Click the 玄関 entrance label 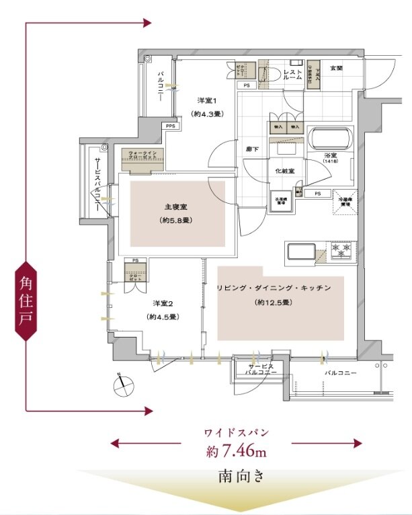335,69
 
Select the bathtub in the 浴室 329,140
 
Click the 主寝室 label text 173,207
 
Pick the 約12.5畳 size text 273,303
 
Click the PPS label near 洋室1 170,125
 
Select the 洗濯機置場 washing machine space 280,202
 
